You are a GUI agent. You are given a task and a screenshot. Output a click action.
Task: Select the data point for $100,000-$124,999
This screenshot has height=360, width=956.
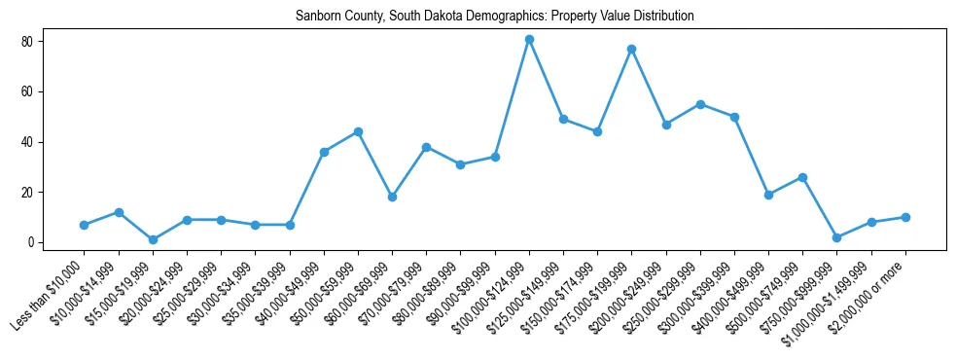(x=529, y=40)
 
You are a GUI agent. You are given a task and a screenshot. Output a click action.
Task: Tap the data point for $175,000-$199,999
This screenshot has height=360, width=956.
(x=631, y=49)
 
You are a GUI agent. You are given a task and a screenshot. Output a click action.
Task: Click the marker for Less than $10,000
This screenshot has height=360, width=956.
(x=85, y=225)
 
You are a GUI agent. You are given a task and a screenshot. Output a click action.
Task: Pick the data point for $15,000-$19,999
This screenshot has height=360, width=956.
(x=153, y=239)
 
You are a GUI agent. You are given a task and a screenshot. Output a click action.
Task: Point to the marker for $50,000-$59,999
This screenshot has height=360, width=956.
(x=358, y=131)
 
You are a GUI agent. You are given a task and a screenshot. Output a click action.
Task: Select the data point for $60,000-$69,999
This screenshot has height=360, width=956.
(x=392, y=197)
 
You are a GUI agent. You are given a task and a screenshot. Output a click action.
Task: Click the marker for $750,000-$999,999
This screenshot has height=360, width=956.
(x=836, y=237)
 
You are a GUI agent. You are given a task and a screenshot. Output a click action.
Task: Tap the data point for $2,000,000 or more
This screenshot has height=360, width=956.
(x=905, y=217)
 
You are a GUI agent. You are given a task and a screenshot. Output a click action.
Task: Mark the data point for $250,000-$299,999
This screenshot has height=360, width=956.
(x=700, y=104)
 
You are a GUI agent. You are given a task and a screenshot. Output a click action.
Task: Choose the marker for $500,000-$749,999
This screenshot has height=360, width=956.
(x=802, y=177)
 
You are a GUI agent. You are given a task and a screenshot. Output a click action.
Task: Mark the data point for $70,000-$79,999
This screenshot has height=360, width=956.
(x=426, y=147)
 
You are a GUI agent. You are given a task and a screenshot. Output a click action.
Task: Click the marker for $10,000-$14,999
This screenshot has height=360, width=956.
(x=119, y=212)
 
